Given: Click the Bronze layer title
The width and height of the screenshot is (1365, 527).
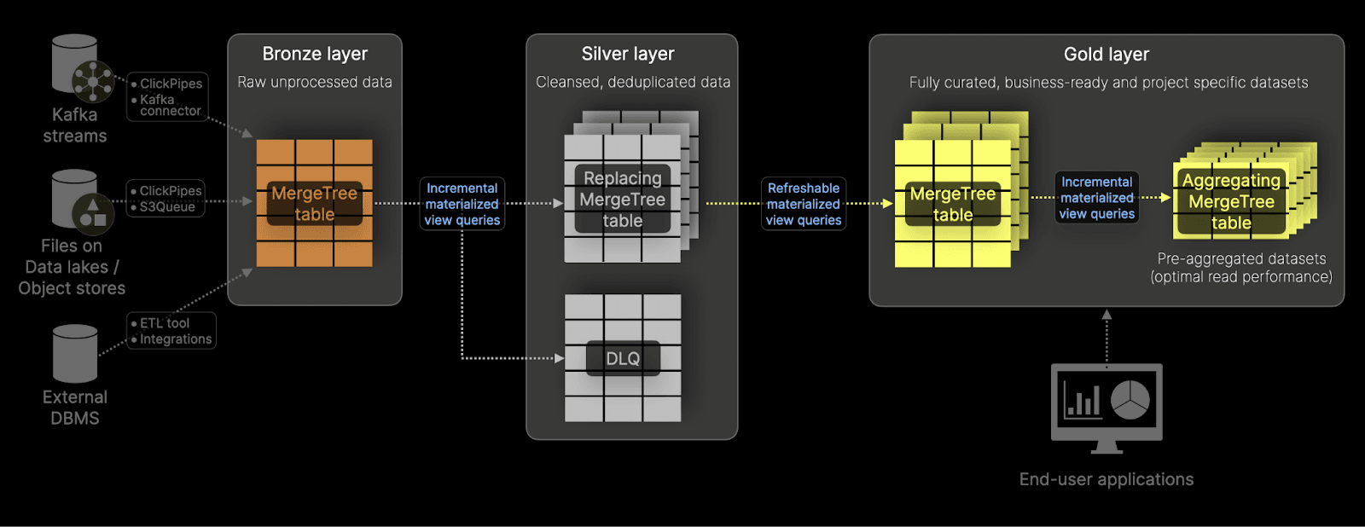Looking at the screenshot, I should coord(315,54).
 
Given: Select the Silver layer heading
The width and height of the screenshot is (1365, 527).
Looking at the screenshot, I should coord(628,54).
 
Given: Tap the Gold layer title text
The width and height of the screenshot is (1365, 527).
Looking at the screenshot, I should coord(1107,55).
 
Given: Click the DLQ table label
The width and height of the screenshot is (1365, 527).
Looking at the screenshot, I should coord(623,359).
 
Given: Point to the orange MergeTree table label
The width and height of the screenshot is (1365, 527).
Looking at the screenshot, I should coord(314,204).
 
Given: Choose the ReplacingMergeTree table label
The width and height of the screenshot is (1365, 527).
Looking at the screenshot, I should coord(623,200).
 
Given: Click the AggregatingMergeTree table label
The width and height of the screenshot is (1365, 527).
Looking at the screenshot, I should coord(1231,202).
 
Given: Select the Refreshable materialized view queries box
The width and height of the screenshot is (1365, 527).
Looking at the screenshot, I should coord(803,204).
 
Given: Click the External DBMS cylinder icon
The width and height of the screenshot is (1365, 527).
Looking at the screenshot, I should coord(75,353).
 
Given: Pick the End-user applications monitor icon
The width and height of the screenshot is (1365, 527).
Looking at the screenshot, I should coord(1107,406).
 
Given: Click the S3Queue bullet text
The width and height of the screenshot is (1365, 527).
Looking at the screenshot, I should coord(168,207).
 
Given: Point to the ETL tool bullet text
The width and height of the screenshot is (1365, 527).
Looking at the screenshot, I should coord(165,323).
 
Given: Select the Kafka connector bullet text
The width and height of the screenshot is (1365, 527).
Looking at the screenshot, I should coord(170,105).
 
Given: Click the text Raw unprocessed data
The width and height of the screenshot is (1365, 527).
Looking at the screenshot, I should coord(315,82).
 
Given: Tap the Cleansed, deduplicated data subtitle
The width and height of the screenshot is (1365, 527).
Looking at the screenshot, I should coord(633,82).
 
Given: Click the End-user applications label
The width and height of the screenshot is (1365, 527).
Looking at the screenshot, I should coord(1107,479).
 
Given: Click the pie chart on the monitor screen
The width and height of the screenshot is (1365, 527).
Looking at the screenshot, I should coord(1130,398).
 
